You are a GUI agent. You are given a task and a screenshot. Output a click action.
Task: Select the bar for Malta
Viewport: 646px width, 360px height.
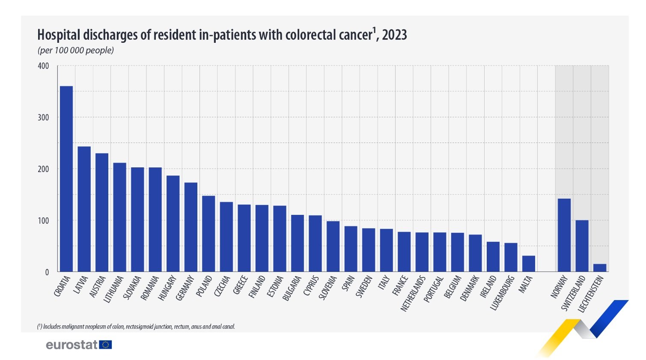[529, 264]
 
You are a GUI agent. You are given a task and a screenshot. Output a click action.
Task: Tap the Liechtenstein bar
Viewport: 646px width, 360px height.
[600, 268]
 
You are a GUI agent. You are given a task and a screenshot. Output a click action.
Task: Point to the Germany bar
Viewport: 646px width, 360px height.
[191, 227]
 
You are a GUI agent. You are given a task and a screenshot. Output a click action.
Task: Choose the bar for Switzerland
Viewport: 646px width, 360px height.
[582, 246]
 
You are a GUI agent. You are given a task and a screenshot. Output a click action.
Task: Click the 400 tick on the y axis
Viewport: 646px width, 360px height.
[43, 66]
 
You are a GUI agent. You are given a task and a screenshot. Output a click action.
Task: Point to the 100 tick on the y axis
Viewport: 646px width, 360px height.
[43, 221]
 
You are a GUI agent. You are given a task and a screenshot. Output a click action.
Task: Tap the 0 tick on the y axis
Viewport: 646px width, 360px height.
[47, 272]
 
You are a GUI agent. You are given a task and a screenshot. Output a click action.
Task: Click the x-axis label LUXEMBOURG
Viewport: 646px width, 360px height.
[503, 293]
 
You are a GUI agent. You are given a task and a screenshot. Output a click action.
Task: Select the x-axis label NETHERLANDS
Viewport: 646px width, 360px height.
[413, 293]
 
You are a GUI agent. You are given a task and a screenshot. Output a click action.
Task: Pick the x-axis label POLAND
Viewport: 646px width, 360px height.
[204, 286]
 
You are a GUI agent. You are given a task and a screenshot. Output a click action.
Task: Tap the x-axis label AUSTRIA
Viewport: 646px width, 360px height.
[98, 287]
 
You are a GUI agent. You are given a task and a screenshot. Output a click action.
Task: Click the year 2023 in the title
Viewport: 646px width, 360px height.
[394, 35]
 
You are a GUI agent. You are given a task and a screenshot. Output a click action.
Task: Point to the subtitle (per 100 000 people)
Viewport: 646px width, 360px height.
[76, 51]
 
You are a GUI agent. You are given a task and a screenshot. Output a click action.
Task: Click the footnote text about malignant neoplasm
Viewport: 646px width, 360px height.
[136, 327]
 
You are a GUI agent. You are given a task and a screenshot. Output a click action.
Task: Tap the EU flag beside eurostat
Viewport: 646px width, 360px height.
[105, 345]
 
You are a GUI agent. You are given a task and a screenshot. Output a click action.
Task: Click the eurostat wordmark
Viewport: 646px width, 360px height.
[71, 345]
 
